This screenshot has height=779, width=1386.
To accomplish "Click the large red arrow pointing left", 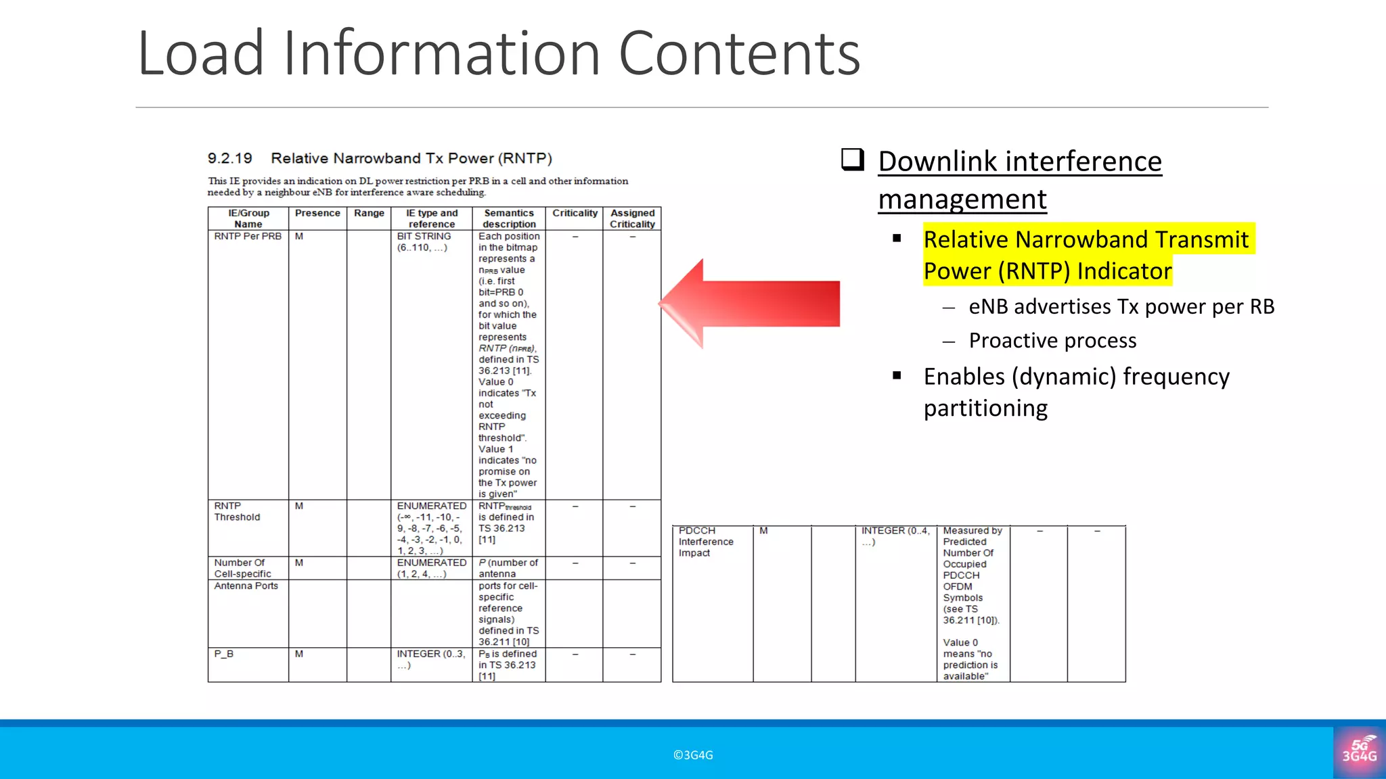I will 751,304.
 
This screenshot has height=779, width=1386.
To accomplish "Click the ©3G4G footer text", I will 693,755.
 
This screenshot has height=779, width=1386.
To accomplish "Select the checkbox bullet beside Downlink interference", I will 853,160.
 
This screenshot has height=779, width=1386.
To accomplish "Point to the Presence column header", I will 317,214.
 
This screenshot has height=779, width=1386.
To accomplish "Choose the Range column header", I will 369,214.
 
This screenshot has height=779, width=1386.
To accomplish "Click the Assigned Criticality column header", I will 632,218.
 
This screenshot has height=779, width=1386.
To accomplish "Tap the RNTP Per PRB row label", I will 248,237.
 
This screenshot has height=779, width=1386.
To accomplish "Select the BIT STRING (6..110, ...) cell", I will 424,242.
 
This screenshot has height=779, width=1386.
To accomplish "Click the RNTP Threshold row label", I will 237,511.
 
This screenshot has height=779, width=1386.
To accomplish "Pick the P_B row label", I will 224,654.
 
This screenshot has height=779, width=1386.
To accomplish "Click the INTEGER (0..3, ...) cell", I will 431,659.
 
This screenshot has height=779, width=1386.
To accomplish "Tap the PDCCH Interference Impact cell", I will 706,542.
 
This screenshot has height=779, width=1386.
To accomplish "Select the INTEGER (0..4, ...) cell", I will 895,536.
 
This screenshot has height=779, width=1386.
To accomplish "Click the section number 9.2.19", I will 229,158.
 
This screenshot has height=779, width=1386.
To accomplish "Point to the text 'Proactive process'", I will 1052,340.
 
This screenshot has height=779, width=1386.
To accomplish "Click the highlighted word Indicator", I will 1124,271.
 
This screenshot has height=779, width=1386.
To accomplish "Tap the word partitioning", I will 985,408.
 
